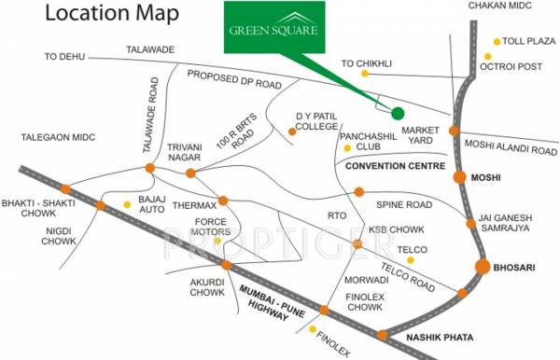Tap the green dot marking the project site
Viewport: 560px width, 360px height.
pyautogui.click(x=398, y=113)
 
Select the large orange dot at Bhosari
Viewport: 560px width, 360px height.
pyautogui.click(x=483, y=267)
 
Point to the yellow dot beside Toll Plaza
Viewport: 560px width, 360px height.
pyautogui.click(x=496, y=43)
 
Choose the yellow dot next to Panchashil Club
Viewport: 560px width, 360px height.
pyautogui.click(x=347, y=147)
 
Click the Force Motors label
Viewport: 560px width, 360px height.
pyautogui.click(x=212, y=227)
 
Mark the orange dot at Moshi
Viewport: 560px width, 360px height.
pyautogui.click(x=459, y=177)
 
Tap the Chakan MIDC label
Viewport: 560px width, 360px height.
pyautogui.click(x=510, y=7)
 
